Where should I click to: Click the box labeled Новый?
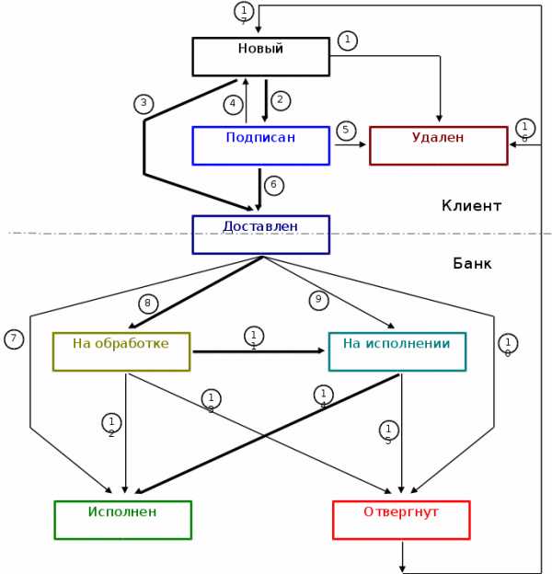(260, 56)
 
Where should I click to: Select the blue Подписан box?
(260, 145)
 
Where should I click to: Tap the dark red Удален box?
(438, 145)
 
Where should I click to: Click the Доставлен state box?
(260, 234)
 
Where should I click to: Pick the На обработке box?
(121, 351)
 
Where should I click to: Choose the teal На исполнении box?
(397, 351)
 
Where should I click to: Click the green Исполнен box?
(122, 520)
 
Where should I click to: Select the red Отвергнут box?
(401, 520)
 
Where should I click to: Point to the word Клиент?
(471, 206)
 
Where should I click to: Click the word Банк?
(472, 264)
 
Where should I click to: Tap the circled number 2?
(281, 100)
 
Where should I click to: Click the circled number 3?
(143, 104)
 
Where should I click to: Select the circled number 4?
(233, 104)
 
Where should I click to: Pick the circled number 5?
(346, 131)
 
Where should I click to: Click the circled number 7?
(13, 339)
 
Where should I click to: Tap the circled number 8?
(149, 303)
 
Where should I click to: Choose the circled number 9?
(318, 300)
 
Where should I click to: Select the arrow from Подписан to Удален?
(349, 144)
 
